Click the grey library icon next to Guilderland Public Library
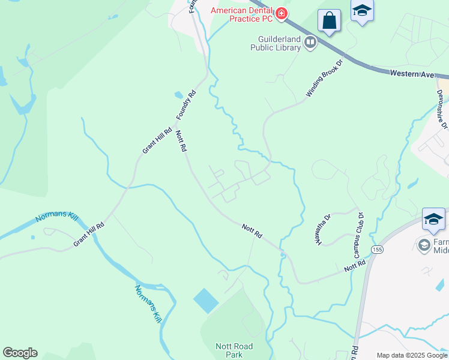tap(310, 42)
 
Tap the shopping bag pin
tap(329, 21)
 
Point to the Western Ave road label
tap(411, 73)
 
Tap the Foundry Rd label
tap(186, 105)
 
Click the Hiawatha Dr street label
tap(324, 230)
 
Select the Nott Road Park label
tap(234, 350)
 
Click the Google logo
tap(20, 353)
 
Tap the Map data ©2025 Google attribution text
tap(412, 355)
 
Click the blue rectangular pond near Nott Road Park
tap(206, 301)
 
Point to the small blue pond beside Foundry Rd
tap(178, 95)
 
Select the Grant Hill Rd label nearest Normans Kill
tap(89, 234)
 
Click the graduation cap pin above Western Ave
tap(362, 11)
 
